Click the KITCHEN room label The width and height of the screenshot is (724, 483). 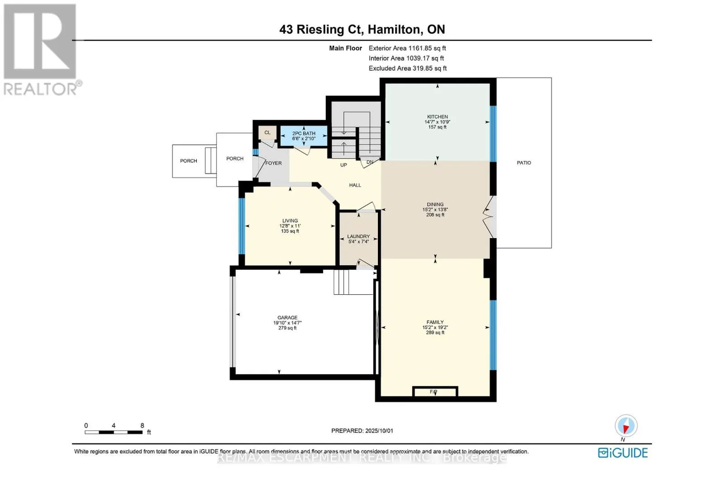point(437,117)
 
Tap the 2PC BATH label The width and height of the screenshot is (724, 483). point(304,134)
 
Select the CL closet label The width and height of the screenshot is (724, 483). point(267,133)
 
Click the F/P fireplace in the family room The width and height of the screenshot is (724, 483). point(433,392)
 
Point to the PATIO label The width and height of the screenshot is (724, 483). point(524,163)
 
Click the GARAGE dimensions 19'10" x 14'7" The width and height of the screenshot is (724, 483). point(287,323)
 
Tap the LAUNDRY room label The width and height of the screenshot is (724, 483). point(358,236)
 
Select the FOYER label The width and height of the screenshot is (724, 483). point(273,163)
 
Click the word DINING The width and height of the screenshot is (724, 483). point(435,205)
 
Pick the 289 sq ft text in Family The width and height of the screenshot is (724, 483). point(435,333)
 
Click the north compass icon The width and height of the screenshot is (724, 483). point(626,426)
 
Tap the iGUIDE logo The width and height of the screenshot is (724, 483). point(623,453)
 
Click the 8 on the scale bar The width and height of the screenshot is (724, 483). point(142,426)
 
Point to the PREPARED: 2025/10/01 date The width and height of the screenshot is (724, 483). point(362,431)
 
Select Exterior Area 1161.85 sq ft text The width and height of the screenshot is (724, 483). point(407,48)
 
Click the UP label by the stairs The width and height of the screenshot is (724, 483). point(343,165)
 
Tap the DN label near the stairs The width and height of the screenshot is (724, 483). point(370,162)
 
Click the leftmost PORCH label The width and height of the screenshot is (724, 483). point(188,161)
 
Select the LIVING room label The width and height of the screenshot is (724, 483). point(290,221)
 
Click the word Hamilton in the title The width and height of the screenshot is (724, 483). point(394,29)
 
